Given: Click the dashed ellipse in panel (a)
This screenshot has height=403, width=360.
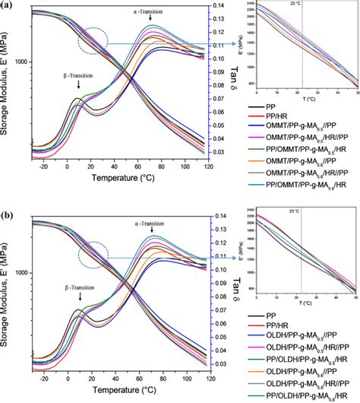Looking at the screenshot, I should click(102, 42).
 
